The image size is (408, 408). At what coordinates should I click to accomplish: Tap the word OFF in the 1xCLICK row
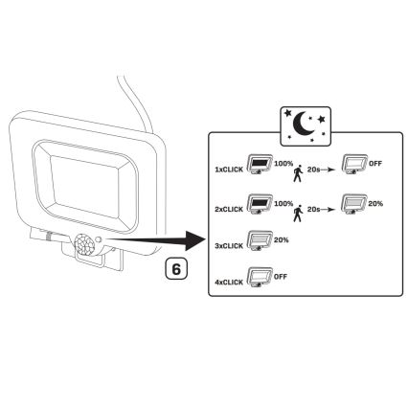coord(375,165)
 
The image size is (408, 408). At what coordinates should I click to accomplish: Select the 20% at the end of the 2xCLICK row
coord(375,203)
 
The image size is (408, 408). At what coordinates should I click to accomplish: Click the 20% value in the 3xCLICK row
coord(282,240)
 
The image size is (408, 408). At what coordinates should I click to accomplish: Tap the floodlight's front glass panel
coord(80,178)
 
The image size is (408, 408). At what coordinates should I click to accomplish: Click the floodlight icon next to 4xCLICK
coord(258,281)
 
